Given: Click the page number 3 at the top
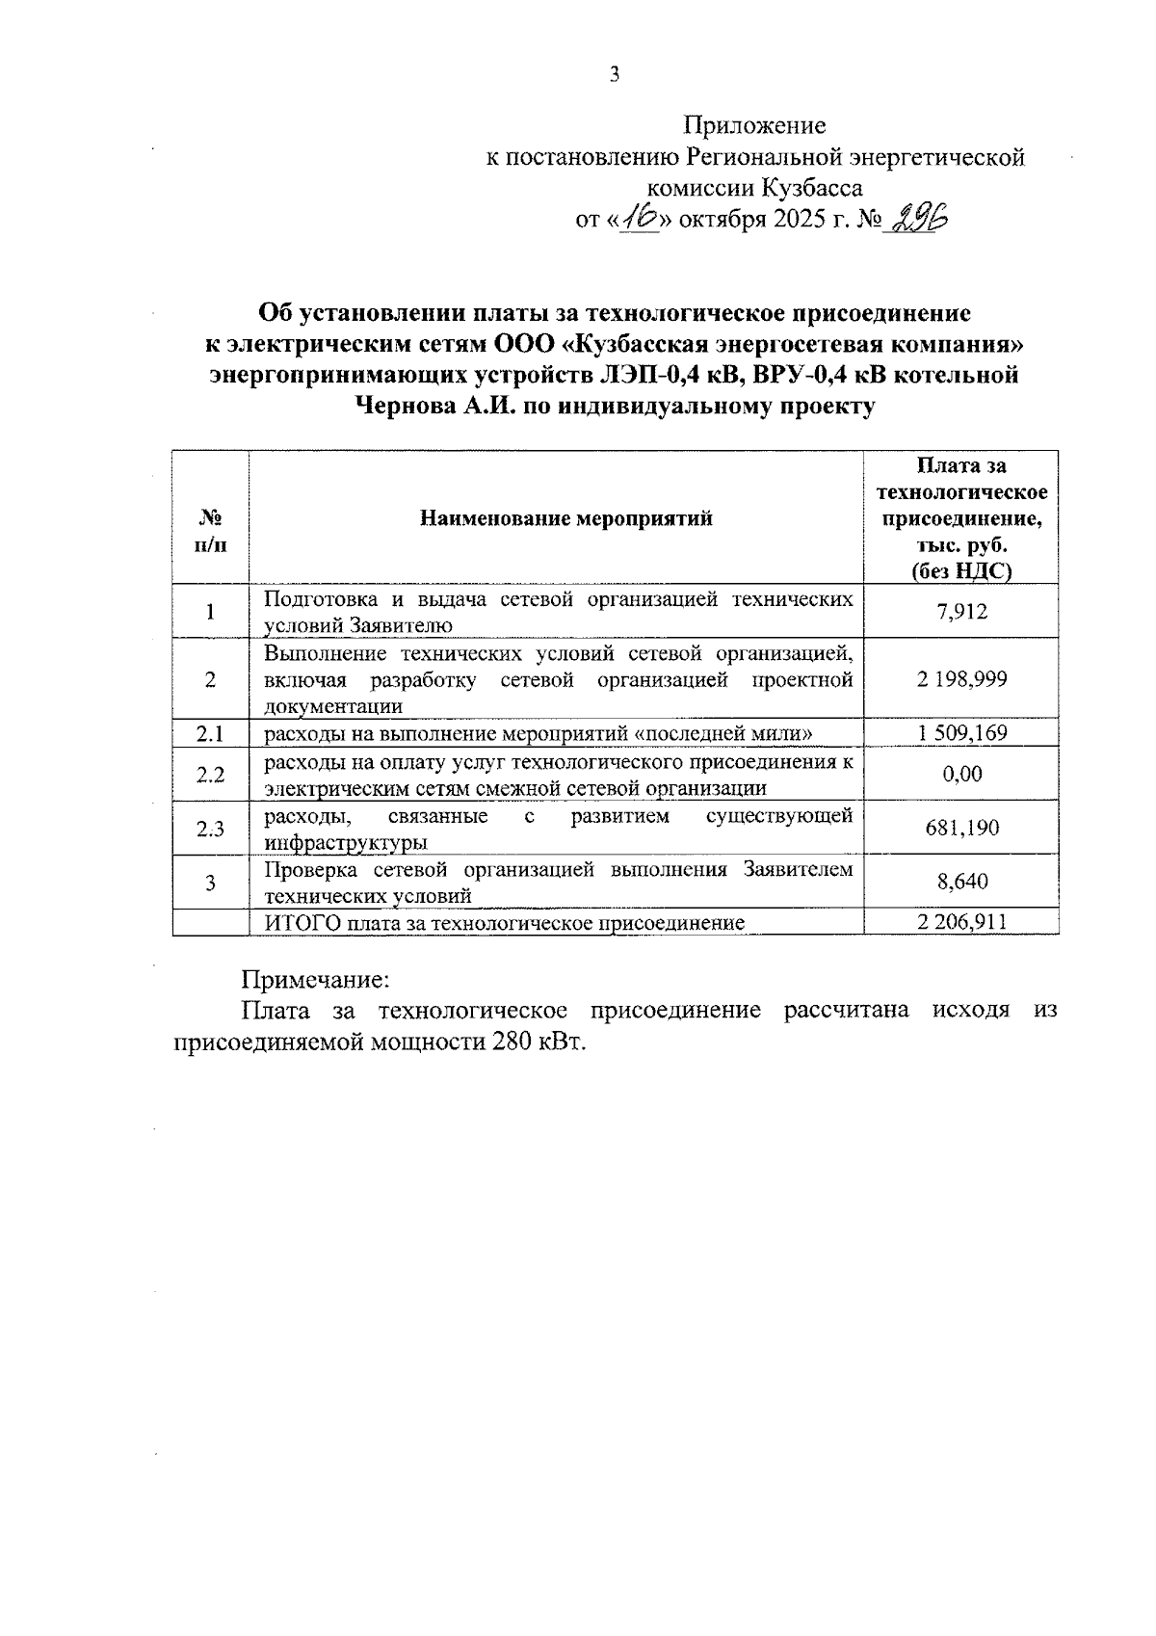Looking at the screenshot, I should click(614, 75).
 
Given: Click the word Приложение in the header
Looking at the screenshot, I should click(754, 125).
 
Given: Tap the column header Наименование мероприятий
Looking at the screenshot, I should click(565, 518).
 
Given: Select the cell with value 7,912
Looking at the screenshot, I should click(961, 611).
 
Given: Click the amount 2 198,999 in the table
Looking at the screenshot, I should click(961, 679).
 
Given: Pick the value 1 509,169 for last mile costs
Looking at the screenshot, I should click(961, 733).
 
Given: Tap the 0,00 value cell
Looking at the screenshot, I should click(961, 774).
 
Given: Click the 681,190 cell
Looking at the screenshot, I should click(961, 828).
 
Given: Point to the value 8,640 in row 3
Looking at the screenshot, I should click(961, 882).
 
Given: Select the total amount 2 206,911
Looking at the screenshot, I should click(961, 922).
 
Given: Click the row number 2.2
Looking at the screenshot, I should click(210, 774).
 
